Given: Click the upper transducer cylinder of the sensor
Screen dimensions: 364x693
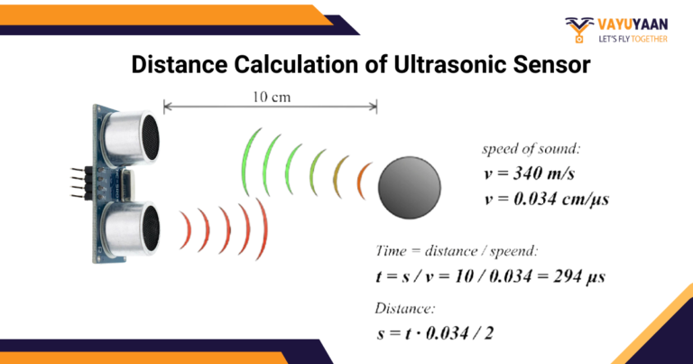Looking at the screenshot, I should click(x=126, y=135).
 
